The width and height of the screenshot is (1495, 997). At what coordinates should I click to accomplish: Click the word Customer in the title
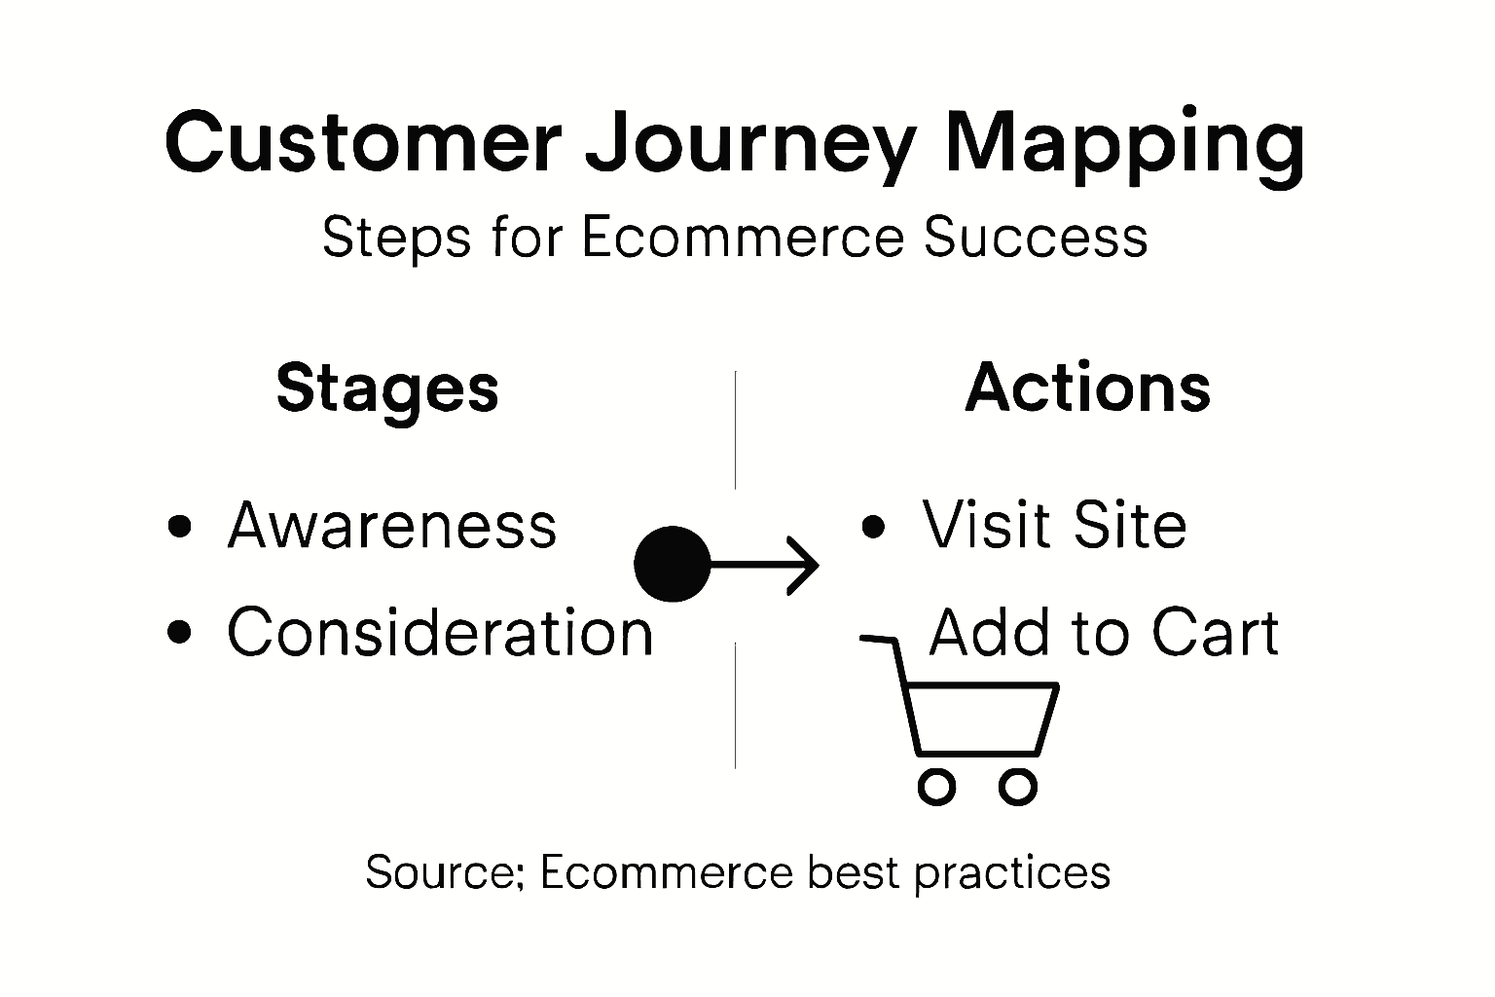(363, 142)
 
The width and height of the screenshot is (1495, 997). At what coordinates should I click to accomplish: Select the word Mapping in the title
(1124, 142)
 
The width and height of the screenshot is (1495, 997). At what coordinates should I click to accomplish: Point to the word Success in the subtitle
(1036, 238)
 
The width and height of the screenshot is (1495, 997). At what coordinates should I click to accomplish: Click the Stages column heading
(387, 388)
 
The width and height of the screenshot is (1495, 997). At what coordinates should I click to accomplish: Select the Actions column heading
(1088, 388)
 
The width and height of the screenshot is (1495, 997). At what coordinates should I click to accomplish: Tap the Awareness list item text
(392, 526)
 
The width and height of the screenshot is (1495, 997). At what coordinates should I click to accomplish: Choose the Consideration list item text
(440, 632)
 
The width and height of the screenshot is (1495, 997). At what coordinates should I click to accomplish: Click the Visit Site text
(1055, 526)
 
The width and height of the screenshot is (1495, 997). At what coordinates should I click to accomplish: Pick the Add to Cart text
(1104, 632)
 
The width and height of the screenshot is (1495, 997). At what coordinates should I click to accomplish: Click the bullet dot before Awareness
(179, 527)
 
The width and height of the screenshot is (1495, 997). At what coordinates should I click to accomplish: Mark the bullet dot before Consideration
(179, 632)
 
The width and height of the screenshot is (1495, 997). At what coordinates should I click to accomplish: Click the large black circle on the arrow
(673, 564)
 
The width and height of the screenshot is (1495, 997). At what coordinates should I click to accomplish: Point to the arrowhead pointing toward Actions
(805, 564)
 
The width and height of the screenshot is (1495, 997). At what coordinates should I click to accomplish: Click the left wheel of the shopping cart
(936, 787)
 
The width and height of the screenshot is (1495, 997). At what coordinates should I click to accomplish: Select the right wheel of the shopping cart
(1018, 787)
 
